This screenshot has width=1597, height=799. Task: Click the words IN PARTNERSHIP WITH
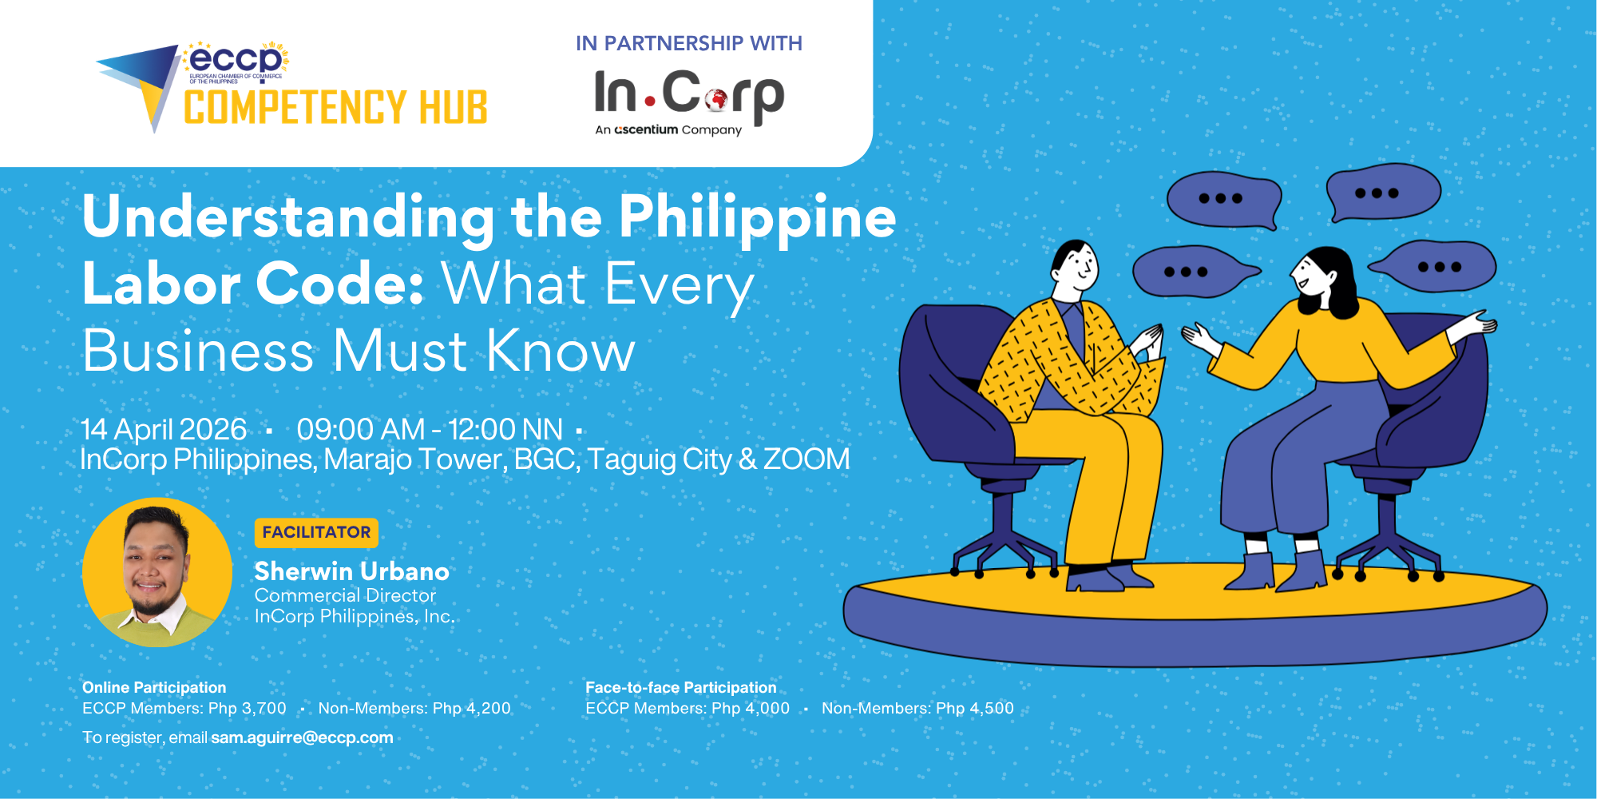(x=688, y=44)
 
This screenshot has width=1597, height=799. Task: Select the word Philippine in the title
(x=757, y=217)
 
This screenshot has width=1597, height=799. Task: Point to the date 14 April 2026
(x=164, y=430)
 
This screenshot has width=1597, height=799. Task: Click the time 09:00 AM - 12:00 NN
(x=430, y=430)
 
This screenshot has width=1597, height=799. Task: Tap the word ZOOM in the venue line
(x=806, y=459)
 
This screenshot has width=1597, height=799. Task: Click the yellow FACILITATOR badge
(x=316, y=532)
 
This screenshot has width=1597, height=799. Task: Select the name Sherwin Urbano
(x=351, y=571)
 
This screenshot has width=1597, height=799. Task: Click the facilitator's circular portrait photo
(x=157, y=572)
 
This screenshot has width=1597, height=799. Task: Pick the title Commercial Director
(x=345, y=595)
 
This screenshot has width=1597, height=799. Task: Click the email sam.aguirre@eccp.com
(x=302, y=737)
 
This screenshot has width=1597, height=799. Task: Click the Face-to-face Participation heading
(x=680, y=687)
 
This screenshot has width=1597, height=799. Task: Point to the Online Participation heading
(x=154, y=687)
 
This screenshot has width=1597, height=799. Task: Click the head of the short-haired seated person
(x=1076, y=268)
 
